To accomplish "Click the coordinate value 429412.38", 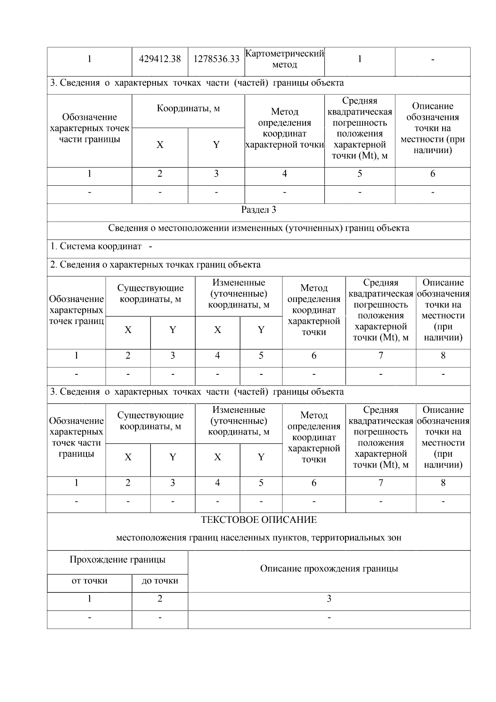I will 160,59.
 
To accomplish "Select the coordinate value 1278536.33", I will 216,59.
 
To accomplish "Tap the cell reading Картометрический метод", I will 284,59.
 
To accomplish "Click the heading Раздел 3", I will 259,210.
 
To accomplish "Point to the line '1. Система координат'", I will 96,247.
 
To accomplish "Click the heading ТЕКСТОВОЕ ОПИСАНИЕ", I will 259,520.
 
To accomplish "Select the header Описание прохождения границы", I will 329,569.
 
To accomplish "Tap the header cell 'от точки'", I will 89,581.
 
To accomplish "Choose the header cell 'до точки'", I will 160,581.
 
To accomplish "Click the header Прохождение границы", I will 117,560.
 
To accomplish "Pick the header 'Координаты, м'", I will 188,109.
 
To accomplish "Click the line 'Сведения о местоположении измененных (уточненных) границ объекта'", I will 259,228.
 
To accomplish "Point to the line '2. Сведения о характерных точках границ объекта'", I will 155,265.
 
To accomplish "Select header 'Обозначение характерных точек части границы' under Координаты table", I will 89,128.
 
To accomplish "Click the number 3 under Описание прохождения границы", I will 329,599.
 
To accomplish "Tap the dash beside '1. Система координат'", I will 150,247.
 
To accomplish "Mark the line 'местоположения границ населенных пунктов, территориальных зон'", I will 259,538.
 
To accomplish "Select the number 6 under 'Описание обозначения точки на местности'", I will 432,174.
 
